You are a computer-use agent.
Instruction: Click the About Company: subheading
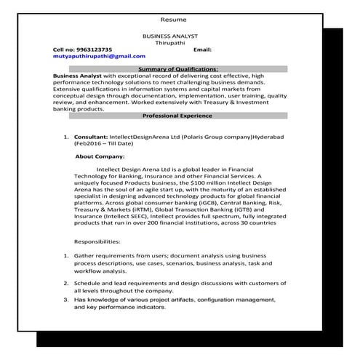click(x=100, y=156)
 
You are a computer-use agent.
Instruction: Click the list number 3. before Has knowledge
click(x=66, y=299)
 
